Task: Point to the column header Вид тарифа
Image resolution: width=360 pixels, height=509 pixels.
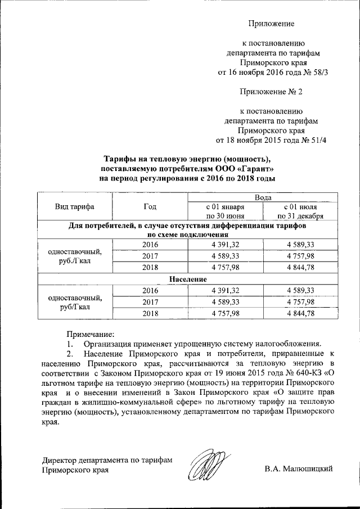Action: point(74,206)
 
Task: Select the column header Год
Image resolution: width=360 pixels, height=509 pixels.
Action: point(150,206)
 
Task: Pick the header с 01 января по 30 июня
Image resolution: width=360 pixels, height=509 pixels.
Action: point(225,211)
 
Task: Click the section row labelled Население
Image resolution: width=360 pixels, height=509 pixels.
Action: point(187,279)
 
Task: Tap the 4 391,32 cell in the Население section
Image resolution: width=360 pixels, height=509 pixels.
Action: point(225,290)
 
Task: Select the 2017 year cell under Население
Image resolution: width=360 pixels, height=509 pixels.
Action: point(150,301)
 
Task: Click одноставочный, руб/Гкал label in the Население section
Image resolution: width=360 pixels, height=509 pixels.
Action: point(75,302)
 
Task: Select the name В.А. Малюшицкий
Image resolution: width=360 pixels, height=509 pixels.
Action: point(299,468)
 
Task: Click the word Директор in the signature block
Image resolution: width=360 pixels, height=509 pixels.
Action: point(61,459)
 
